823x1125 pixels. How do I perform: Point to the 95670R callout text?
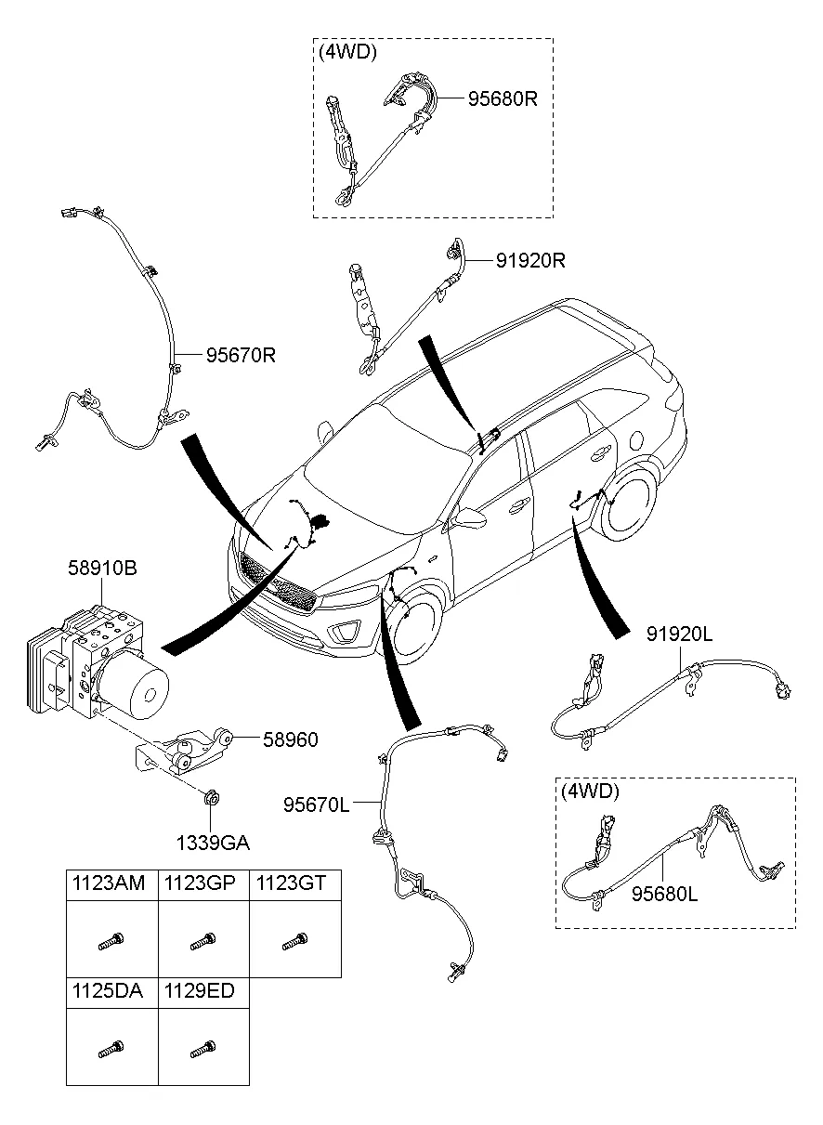(241, 355)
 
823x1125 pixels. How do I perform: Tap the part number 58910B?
(101, 568)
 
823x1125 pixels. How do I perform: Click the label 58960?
(289, 739)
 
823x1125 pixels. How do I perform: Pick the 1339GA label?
(214, 843)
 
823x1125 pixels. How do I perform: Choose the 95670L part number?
(317, 804)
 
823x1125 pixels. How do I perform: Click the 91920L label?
(679, 634)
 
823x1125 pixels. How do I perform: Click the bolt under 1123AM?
(111, 944)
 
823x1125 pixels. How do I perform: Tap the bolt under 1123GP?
(202, 944)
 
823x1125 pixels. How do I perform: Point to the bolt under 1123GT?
(295, 944)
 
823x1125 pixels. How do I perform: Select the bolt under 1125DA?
(111, 1052)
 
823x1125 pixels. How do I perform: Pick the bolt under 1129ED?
(202, 1052)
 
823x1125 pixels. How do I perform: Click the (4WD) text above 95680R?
(347, 52)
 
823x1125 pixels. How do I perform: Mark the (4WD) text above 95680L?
(590, 791)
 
